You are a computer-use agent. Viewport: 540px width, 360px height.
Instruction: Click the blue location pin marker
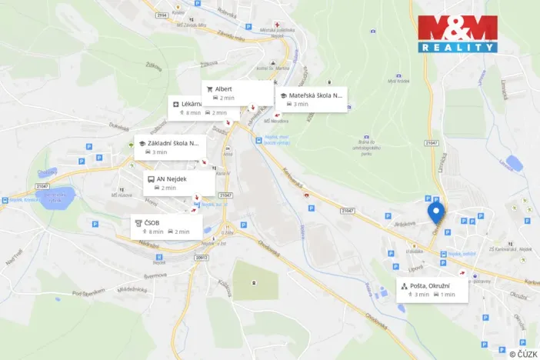tap(436, 211)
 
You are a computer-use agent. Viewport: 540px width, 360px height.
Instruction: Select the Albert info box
tap(238, 93)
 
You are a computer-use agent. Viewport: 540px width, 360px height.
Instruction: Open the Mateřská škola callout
tap(312, 99)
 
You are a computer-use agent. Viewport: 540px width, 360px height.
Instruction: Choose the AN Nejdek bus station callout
tap(180, 183)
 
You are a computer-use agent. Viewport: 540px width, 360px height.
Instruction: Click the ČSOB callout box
tap(167, 226)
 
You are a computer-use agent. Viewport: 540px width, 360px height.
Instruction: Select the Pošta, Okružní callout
tap(432, 289)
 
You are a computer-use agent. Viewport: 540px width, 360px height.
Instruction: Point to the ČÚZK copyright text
tap(522, 353)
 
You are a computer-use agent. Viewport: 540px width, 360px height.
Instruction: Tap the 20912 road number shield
tap(202, 258)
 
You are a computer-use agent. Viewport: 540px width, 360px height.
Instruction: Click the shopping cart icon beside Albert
tap(209, 88)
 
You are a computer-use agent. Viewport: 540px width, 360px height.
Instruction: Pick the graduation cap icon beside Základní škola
tap(142, 143)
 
